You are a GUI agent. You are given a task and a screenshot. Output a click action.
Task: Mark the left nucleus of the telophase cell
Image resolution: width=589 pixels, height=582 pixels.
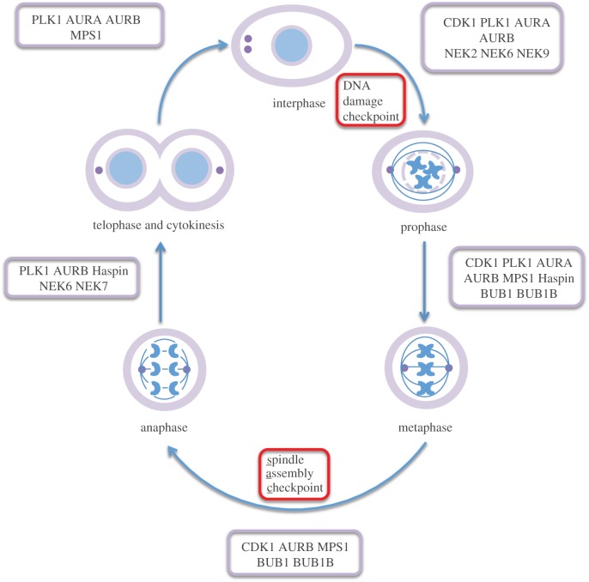point(126,171)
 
